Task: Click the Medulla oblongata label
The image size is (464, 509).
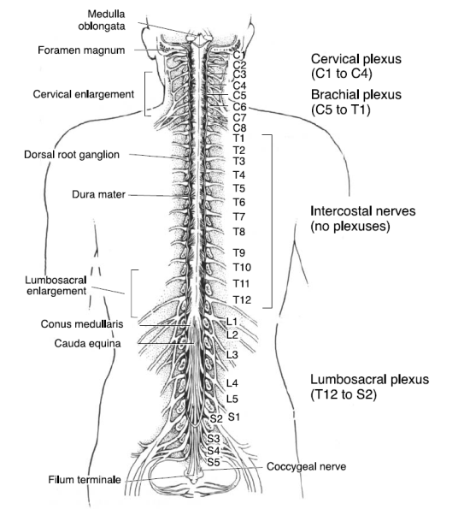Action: [x=102, y=20]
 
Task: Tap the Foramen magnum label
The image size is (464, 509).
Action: [x=81, y=50]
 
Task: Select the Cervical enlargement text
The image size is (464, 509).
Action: [x=84, y=94]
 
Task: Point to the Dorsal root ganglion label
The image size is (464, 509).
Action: [x=72, y=155]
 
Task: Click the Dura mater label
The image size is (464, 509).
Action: [x=98, y=194]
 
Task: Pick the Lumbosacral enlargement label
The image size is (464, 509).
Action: [x=56, y=286]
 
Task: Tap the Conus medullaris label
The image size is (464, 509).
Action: [x=82, y=324]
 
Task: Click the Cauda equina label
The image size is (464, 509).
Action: [x=87, y=343]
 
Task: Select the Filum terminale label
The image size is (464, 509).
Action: [x=85, y=479]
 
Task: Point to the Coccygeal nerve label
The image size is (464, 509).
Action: [x=307, y=466]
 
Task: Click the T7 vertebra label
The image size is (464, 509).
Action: [x=239, y=216]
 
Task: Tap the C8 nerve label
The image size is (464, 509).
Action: [x=239, y=127]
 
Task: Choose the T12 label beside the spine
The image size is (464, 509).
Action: [x=242, y=299]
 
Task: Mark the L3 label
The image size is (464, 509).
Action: [x=232, y=355]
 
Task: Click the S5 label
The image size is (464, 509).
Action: [x=214, y=462]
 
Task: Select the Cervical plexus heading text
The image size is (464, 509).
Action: [x=356, y=59]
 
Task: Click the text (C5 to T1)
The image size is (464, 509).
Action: [x=340, y=109]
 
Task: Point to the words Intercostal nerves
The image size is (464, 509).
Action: [x=363, y=211]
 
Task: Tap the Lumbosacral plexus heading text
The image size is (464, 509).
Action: [x=370, y=379]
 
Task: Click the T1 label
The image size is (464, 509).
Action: [x=239, y=139]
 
